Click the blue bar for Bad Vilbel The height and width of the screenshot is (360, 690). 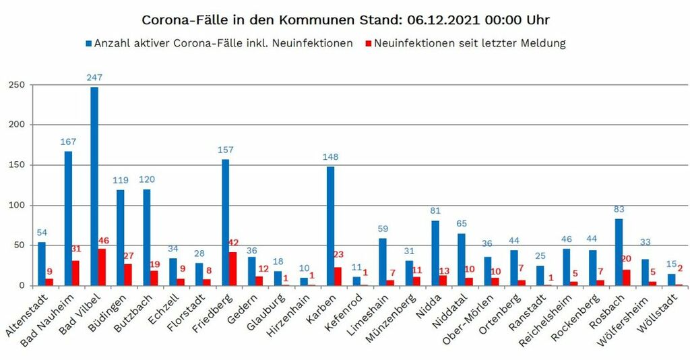94,186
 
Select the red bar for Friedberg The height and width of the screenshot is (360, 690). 232,268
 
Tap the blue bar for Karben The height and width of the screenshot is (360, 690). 330,226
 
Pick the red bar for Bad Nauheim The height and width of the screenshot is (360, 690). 75,273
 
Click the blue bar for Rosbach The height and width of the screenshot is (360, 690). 619,251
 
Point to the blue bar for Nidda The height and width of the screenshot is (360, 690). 435,253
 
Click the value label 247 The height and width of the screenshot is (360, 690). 94,78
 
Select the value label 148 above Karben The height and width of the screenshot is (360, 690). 330,157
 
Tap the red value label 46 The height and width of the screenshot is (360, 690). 103,241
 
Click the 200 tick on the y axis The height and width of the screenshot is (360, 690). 17,125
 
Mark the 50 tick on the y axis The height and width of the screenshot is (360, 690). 20,245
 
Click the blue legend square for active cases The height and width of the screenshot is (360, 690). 88,44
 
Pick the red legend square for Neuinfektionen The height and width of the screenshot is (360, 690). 368,44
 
